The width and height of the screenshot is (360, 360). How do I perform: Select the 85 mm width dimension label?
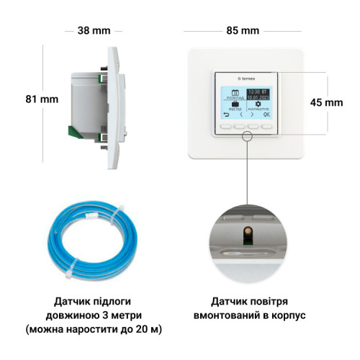(242, 31)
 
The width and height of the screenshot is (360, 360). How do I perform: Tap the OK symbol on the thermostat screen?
(267, 114)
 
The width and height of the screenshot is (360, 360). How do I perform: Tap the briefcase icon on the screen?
(234, 102)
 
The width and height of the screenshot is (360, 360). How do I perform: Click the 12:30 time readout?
(256, 91)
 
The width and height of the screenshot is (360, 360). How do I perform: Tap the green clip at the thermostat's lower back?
(73, 131)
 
